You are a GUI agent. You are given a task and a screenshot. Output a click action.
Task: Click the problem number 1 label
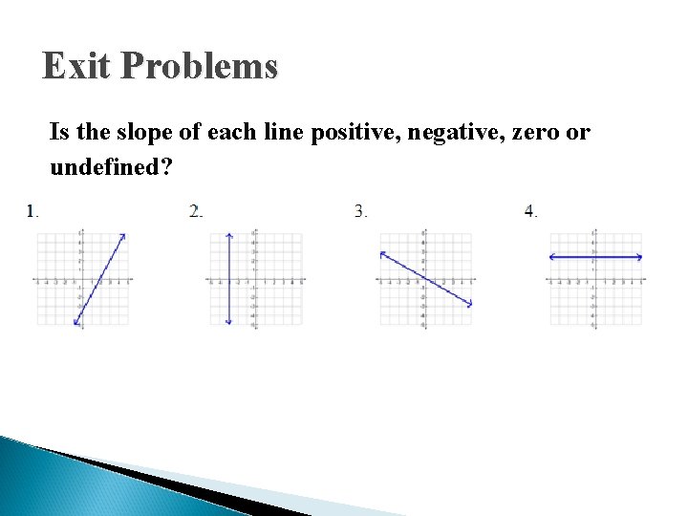point(32,211)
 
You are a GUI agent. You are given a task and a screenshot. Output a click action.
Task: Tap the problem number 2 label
point(195,211)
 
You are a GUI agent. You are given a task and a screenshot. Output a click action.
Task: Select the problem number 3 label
point(359,211)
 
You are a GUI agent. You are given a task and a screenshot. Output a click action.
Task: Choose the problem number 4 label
point(529,211)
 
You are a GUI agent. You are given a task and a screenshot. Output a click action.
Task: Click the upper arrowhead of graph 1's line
point(123,236)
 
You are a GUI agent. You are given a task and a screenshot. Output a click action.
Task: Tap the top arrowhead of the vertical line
point(228,234)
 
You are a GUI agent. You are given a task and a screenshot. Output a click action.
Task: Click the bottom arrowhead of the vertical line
point(228,322)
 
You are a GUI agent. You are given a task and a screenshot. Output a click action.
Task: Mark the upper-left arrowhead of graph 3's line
point(381,253)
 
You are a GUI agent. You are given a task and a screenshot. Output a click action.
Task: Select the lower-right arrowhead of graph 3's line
point(469,305)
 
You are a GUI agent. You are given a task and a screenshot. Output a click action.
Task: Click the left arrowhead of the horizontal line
point(552,256)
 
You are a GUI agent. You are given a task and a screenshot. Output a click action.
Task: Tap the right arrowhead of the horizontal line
point(639,256)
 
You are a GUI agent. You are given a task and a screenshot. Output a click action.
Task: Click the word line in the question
point(270,133)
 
